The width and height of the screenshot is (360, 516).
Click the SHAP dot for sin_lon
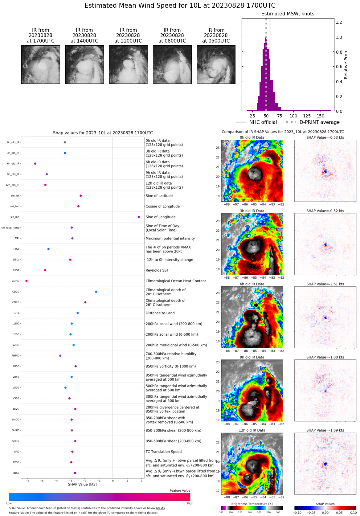pyautogui.click(x=139, y=217)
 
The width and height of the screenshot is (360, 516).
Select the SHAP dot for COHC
pyautogui.click(x=27, y=281)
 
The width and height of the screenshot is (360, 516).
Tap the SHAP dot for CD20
pyautogui.click(x=96, y=292)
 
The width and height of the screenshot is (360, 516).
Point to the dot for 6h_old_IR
pyautogui.click(x=35, y=164)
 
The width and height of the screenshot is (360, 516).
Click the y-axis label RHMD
pyautogui.click(x=15, y=356)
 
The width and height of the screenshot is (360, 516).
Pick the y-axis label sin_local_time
pyautogui.click(x=10, y=228)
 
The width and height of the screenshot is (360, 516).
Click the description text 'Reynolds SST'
pyautogui.click(x=157, y=270)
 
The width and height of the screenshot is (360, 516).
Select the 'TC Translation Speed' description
pyautogui.click(x=163, y=452)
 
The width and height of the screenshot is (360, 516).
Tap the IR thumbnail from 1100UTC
pyautogui.click(x=128, y=64)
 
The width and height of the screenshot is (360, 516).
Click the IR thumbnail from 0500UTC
pyautogui.click(x=216, y=64)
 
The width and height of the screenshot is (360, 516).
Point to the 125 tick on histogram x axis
pyautogui.click(x=307, y=116)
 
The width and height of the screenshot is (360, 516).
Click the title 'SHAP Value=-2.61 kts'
pyautogui.click(x=325, y=284)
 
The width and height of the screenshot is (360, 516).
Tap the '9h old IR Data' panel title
pyautogui.click(x=252, y=357)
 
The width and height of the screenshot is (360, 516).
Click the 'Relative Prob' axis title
pyautogui.click(x=346, y=65)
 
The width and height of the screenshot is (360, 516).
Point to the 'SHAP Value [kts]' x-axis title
pyautogui.click(x=82, y=484)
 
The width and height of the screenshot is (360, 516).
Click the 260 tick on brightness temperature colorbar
pyautogui.click(x=259, y=512)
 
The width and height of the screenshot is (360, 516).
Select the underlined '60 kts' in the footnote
pyautogui.click(x=160, y=508)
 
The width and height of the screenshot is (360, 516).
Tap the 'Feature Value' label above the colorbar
pyautogui.click(x=180, y=490)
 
